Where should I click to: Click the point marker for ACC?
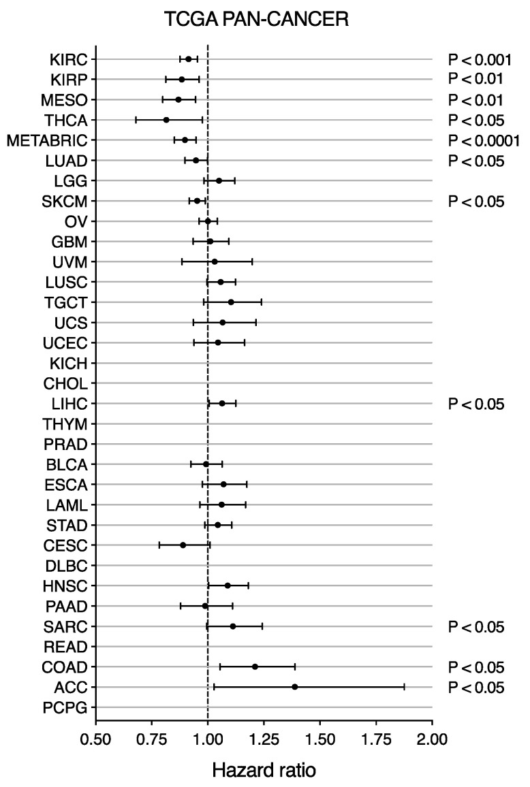tap(294, 687)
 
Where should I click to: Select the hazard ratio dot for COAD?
tap(255, 666)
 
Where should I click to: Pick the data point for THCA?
tap(166, 120)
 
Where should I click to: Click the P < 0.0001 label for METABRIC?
tap(484, 140)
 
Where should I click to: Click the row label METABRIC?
tap(47, 140)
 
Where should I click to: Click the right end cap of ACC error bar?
tap(404, 687)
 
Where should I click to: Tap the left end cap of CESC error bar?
tap(159, 545)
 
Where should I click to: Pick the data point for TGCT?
tap(231, 302)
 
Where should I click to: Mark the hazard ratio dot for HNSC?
tap(228, 585)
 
